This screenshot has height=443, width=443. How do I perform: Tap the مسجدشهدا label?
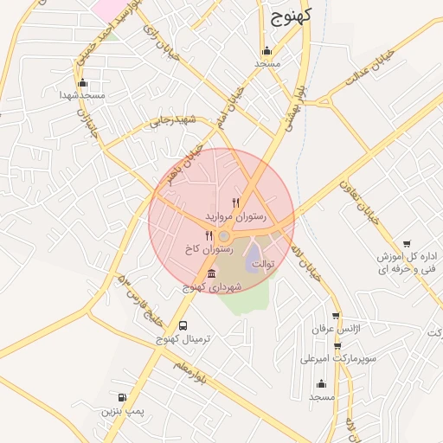coord(82,95)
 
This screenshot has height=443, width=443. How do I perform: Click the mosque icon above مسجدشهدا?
coord(83,83)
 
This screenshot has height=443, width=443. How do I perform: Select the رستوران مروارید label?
coord(235,213)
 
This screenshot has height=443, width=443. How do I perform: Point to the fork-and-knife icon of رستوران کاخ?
coord(209,235)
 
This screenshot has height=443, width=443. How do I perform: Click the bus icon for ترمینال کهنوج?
coord(183,326)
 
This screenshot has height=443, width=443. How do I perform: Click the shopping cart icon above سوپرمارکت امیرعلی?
coord(337,345)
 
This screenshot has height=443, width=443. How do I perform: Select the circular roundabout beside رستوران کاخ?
coord(224,236)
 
